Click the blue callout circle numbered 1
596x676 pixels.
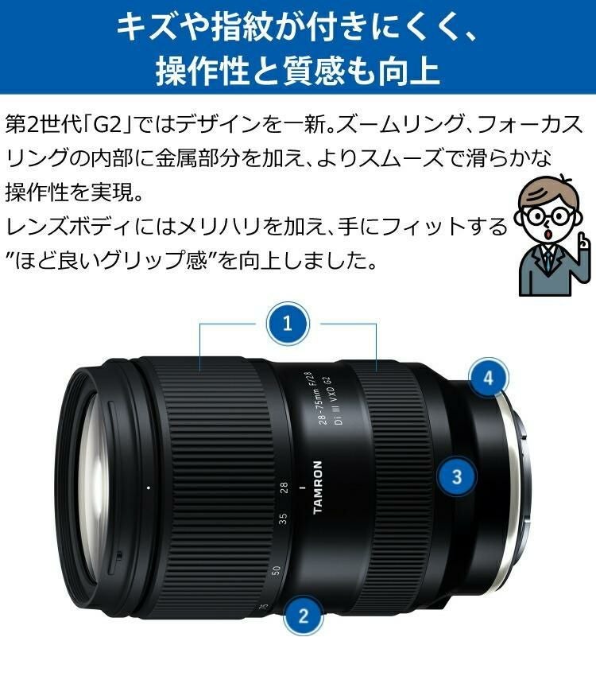(288, 324)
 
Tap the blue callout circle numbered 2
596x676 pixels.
(302, 614)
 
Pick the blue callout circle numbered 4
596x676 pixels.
(489, 378)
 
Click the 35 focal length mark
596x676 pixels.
(283, 520)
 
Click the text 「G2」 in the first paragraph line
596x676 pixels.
(106, 125)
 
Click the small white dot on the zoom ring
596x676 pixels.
(149, 485)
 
